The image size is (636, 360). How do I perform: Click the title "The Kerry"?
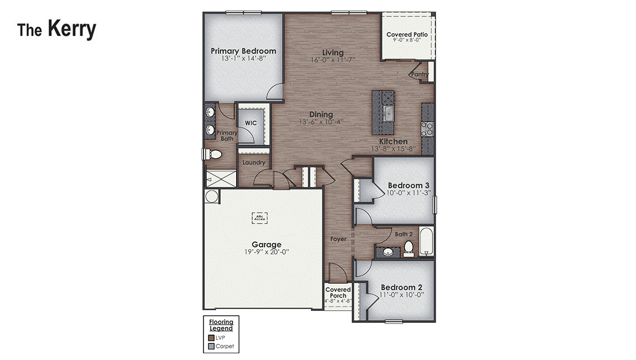click(56, 29)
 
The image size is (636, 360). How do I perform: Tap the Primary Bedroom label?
click(243, 51)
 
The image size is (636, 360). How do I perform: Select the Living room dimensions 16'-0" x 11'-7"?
click(332, 60)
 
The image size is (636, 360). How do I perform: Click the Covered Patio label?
click(406, 34)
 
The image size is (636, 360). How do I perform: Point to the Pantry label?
click(419, 74)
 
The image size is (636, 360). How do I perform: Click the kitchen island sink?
click(389, 114)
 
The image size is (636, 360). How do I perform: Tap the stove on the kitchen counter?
click(427, 129)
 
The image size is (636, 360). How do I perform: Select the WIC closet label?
click(250, 123)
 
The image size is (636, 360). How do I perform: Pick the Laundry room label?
click(254, 163)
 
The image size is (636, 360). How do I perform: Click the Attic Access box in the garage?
click(259, 218)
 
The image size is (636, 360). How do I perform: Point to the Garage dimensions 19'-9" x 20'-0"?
click(267, 252)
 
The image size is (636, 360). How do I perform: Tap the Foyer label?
click(338, 239)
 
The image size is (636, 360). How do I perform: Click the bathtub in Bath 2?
click(426, 241)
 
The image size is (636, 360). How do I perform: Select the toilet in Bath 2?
click(408, 247)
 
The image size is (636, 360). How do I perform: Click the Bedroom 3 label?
click(408, 185)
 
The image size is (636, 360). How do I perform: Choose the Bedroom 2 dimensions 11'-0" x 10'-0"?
click(401, 295)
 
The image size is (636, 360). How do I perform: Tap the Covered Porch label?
click(338, 293)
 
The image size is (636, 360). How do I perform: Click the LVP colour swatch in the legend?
click(211, 337)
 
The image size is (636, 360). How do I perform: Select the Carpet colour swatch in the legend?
click(211, 347)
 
